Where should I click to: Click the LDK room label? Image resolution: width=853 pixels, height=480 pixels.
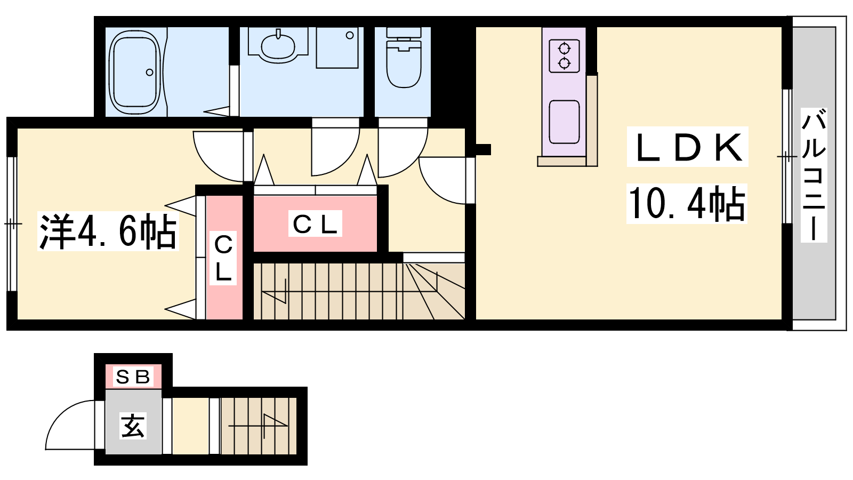(688, 147)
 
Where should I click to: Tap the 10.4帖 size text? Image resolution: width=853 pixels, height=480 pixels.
(687, 203)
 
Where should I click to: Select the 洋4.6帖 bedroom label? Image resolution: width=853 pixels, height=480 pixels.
(108, 232)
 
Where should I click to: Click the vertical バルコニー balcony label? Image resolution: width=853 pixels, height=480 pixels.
(814, 175)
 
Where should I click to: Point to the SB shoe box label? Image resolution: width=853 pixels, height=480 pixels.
(133, 377)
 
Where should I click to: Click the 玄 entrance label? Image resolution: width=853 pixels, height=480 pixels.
(133, 426)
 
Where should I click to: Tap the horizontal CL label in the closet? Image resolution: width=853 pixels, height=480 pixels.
(315, 223)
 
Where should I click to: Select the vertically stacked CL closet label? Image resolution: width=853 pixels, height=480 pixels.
(223, 258)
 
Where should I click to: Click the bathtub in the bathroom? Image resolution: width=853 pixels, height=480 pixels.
(135, 73)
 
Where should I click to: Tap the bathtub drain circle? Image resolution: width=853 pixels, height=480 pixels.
(150, 73)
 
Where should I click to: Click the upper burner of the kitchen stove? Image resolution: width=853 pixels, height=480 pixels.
(564, 49)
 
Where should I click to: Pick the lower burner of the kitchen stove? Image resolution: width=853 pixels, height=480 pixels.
(564, 63)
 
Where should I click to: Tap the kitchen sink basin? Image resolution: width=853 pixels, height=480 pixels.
(565, 122)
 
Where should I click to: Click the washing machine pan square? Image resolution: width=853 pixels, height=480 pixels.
(337, 47)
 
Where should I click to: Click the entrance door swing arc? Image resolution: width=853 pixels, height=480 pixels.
(70, 425)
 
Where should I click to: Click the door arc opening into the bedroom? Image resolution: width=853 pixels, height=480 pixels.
(219, 156)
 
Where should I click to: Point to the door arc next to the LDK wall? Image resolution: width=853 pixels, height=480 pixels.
(442, 181)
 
